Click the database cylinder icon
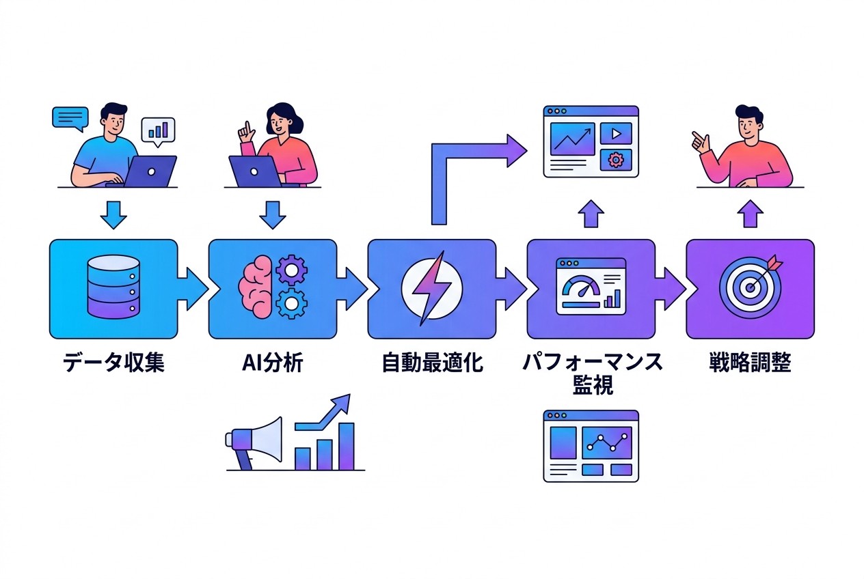(113, 288)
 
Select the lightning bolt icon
(431, 288)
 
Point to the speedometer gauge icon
(579, 289)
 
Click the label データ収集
(113, 363)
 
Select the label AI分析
(272, 363)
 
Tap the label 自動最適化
(432, 363)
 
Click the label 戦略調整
(750, 363)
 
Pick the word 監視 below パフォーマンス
(591, 386)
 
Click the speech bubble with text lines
(70, 118)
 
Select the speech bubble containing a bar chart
(158, 130)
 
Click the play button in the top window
(616, 134)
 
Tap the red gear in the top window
(616, 160)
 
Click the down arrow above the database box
(113, 215)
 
